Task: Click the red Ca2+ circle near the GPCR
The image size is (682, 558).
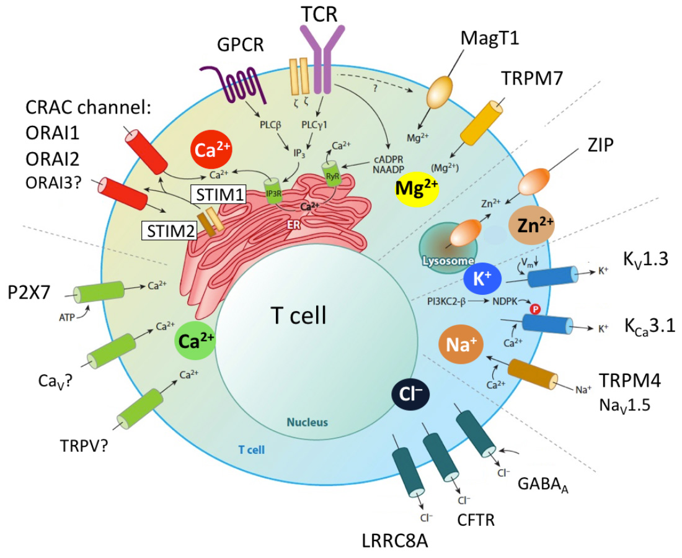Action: click(211, 150)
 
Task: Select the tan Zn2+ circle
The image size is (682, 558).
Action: click(531, 225)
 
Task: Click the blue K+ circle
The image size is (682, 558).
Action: click(482, 279)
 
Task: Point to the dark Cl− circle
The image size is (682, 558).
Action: click(410, 394)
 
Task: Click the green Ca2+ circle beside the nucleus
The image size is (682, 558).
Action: click(195, 341)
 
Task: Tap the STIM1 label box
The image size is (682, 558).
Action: click(218, 194)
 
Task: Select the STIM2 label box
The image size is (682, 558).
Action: click(170, 230)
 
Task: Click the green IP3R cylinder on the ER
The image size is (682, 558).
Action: click(273, 191)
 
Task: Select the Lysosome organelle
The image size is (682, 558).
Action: click(448, 248)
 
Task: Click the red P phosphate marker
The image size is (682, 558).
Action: click(534, 309)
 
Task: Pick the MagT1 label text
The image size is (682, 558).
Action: click(490, 38)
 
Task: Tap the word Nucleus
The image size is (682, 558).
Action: click(307, 422)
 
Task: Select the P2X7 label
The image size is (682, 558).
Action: click(29, 293)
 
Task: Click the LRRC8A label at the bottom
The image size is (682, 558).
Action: click(395, 541)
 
